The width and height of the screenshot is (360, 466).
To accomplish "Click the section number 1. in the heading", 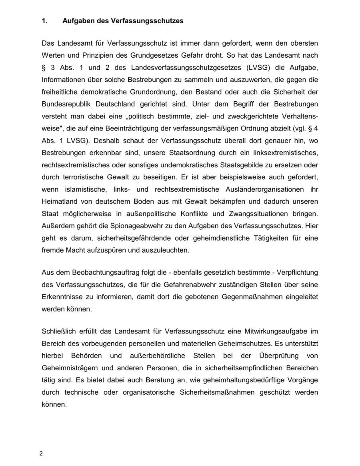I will pyautogui.click(x=44, y=21).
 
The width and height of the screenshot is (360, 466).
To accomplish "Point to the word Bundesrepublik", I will pyautogui.click(x=66, y=104).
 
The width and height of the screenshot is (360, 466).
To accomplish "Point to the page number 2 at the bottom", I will pyautogui.click(x=41, y=454).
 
